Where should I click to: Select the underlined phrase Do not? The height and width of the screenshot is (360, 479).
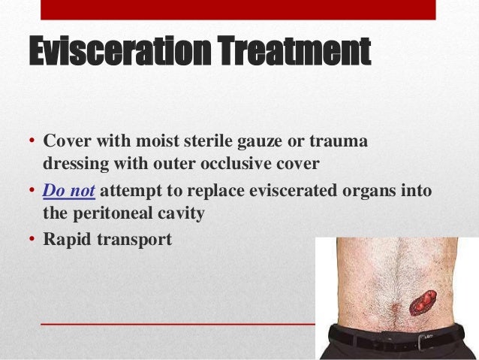[68, 191]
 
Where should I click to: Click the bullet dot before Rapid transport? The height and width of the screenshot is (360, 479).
[33, 241]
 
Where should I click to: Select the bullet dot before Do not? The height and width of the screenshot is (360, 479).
[33, 192]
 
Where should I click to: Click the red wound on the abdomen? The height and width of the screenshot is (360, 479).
[421, 303]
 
